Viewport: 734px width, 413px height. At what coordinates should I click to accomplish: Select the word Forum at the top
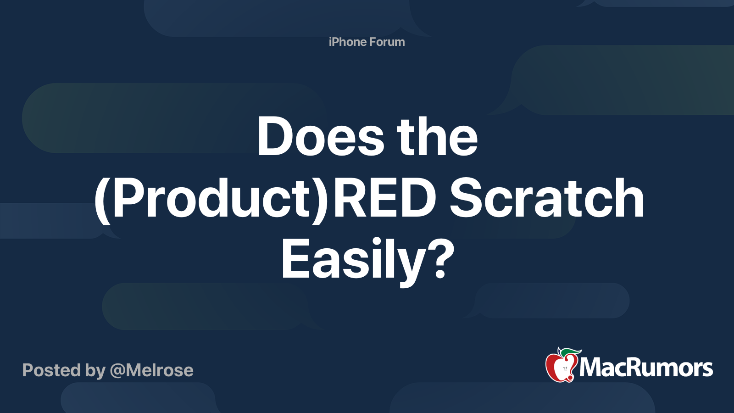click(387, 42)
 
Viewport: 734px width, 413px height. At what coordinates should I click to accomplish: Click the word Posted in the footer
click(51, 370)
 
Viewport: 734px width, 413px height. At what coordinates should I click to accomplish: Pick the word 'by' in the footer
click(95, 371)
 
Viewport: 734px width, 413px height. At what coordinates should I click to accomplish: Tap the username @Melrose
click(152, 370)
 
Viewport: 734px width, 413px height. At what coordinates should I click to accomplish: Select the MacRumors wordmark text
click(646, 368)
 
